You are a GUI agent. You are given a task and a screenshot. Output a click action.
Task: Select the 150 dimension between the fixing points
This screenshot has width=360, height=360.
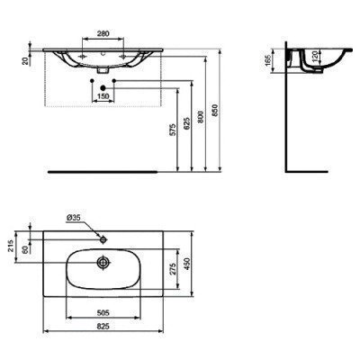(106, 95)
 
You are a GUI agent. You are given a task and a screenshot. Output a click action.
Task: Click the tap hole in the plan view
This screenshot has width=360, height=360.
(105, 238)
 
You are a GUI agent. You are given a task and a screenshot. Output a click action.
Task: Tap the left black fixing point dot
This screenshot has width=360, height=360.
(94, 86)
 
